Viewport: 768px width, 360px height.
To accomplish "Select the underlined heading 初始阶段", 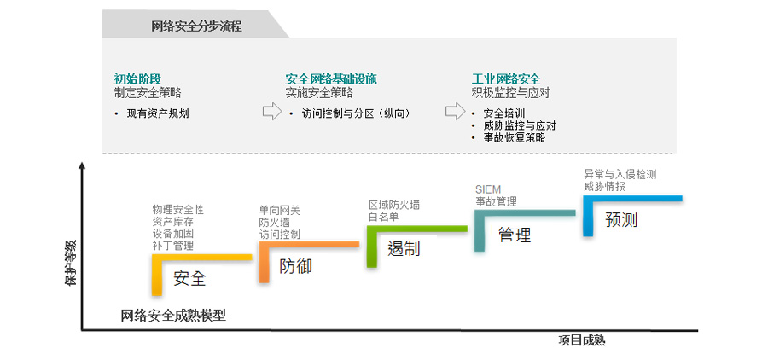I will pos(137,78).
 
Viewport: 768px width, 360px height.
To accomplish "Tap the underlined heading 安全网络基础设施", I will pos(331,78).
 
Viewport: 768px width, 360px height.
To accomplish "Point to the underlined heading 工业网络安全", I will pos(506,78).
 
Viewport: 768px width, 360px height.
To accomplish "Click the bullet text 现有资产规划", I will pos(158,113).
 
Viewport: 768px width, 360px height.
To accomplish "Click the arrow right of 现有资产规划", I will pos(271,112).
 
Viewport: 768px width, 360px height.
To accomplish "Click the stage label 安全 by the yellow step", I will pos(189,278).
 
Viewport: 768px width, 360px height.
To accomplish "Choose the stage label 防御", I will pos(296,266).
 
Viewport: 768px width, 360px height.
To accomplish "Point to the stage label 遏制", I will pos(404,249).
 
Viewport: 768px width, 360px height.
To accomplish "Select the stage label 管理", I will pos(515,235).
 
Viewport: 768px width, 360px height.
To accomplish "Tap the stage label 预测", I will pos(621,220).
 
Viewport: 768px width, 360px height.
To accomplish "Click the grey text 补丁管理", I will pos(173,246).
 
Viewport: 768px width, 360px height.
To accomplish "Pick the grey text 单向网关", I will pos(280,210).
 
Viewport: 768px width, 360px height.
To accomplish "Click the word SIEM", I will pos(488,189).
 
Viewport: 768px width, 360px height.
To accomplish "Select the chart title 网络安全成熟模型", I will pos(173,315).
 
